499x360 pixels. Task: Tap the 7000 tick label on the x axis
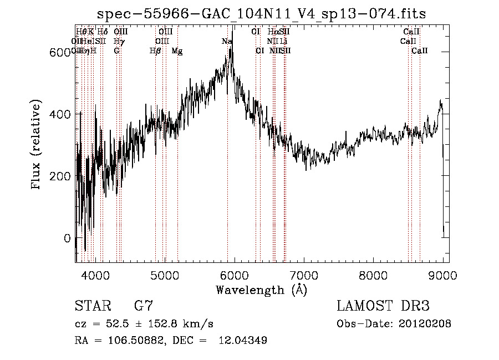[x=304, y=274]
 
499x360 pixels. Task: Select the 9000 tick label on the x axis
[x=443, y=274]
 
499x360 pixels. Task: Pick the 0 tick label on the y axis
[x=68, y=239]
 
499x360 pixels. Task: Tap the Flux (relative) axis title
[x=37, y=145]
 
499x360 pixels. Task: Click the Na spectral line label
[x=227, y=42]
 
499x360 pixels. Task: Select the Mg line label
[x=177, y=51]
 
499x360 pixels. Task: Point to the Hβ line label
[x=155, y=51]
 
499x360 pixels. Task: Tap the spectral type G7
[x=144, y=307]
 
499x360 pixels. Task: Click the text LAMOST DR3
[x=383, y=307]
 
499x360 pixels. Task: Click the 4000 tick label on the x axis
[x=95, y=274]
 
